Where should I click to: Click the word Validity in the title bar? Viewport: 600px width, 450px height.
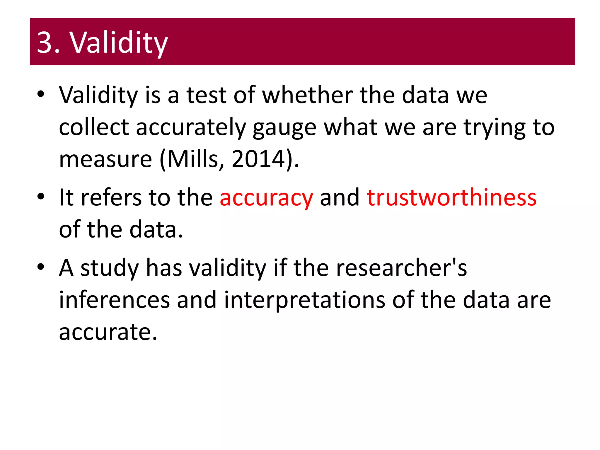click(118, 43)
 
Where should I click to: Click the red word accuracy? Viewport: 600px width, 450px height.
click(266, 197)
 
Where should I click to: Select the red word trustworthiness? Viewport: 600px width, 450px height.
click(451, 197)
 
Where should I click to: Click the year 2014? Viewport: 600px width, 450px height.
click(258, 159)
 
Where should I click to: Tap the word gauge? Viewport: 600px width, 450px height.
click(284, 128)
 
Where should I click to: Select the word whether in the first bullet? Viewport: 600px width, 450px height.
click(307, 95)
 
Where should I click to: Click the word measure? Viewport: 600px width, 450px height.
click(105, 159)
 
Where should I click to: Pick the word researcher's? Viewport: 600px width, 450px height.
click(401, 268)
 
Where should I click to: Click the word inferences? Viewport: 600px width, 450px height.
click(114, 300)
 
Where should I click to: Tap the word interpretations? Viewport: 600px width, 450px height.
click(305, 300)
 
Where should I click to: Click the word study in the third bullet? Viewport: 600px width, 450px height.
click(110, 268)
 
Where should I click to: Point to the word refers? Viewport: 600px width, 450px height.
click(111, 197)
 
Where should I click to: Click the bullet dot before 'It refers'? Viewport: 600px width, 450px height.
click(41, 197)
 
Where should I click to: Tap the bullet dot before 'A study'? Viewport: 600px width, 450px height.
click(41, 267)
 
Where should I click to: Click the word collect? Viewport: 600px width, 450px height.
click(94, 128)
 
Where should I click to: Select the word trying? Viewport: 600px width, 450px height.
click(495, 128)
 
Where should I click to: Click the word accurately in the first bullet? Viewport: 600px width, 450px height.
click(191, 128)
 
